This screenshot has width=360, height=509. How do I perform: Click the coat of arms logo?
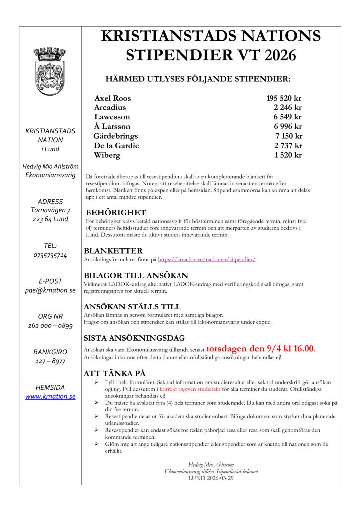click(x=49, y=71)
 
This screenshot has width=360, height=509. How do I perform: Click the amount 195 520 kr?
click(x=284, y=98)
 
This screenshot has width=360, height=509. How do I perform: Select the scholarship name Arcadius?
click(x=110, y=107)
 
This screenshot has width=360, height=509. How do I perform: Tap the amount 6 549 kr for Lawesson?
click(x=288, y=117)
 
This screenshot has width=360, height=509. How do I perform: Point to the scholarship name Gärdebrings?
click(x=116, y=136)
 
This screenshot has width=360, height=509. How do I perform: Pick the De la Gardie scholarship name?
click(x=116, y=146)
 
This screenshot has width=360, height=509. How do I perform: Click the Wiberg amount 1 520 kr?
click(x=288, y=155)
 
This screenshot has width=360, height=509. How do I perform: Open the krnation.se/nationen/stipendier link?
click(x=206, y=260)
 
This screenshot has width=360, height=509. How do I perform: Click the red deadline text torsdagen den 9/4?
click(x=260, y=349)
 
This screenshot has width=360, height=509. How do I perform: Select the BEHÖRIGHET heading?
click(x=115, y=212)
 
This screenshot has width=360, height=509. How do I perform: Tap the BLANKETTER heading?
click(x=113, y=251)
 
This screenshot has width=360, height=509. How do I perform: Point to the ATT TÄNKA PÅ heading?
click(x=114, y=373)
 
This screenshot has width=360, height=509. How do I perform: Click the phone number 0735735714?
click(x=50, y=255)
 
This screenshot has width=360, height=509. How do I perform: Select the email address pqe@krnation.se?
click(x=50, y=290)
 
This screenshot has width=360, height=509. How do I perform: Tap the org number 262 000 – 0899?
click(x=50, y=326)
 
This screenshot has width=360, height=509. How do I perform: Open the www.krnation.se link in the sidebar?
click(x=50, y=397)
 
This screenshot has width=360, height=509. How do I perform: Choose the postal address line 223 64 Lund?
click(x=50, y=219)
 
